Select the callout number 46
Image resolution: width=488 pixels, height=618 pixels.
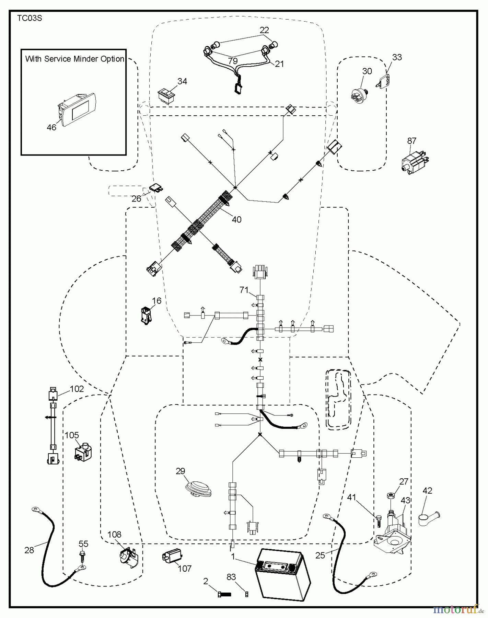[x=51, y=127]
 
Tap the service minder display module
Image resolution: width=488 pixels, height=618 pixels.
[x=78, y=110]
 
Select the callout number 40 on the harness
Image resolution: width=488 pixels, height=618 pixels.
[x=237, y=219]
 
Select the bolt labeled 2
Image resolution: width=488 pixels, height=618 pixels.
[x=224, y=594]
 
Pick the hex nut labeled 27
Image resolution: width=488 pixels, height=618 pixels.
[x=392, y=495]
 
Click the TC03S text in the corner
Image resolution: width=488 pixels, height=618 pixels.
[x=30, y=18]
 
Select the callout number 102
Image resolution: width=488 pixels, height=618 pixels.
[x=77, y=389]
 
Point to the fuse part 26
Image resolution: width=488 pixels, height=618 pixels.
[x=156, y=188]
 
